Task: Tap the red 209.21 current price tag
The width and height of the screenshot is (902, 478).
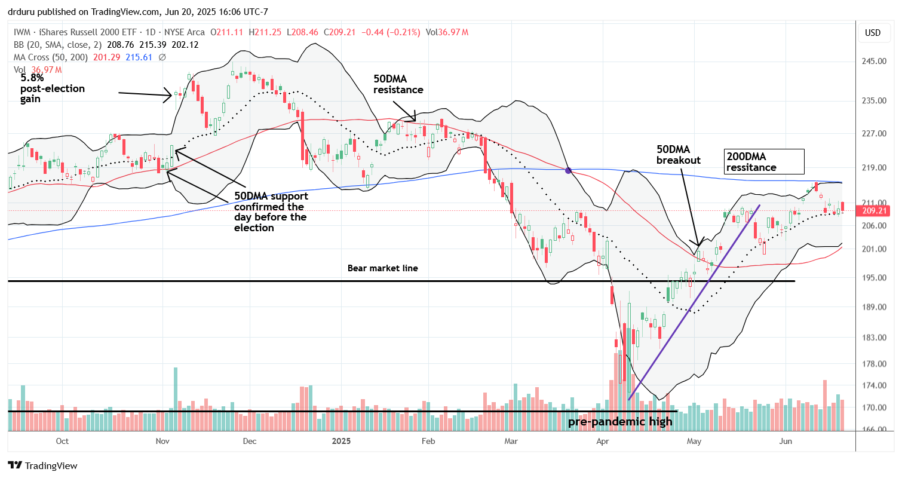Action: point(873,211)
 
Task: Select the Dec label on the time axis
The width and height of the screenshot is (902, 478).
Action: point(249,441)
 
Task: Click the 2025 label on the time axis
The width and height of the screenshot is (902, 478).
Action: point(342,441)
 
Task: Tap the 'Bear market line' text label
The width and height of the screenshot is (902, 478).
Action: point(382,268)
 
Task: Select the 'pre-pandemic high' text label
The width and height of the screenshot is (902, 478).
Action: point(619,422)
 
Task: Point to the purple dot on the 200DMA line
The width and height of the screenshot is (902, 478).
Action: point(568,170)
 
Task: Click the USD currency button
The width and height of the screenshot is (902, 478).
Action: point(873,33)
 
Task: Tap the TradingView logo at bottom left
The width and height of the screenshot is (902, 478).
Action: point(43,465)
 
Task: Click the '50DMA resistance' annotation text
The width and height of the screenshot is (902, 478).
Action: point(398,84)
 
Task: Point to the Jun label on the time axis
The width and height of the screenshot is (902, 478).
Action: point(786,441)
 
